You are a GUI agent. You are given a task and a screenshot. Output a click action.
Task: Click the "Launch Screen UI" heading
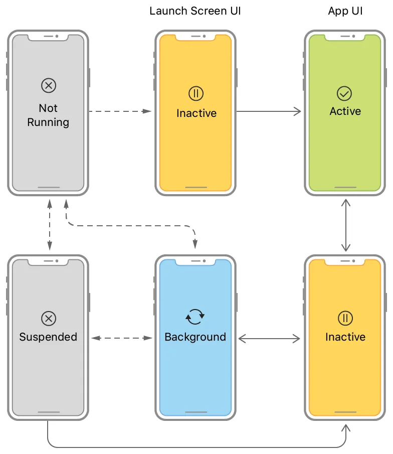(195, 11)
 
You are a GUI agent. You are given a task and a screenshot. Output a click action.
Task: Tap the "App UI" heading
(345, 11)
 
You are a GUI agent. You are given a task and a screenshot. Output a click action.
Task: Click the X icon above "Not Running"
(49, 86)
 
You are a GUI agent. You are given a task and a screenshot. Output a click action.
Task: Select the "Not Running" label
(48, 115)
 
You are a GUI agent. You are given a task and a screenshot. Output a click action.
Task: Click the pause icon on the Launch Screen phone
(196, 93)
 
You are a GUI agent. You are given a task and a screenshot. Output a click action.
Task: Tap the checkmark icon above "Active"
(344, 93)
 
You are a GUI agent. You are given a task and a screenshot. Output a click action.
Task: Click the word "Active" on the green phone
(345, 111)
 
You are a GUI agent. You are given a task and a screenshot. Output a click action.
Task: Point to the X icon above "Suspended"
(49, 318)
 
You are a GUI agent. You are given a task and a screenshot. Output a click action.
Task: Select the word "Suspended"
(48, 337)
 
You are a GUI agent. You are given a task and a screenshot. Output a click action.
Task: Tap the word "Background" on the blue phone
(195, 337)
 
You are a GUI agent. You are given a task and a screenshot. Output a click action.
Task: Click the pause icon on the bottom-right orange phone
(345, 318)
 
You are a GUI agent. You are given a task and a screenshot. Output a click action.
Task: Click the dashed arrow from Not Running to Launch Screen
(120, 111)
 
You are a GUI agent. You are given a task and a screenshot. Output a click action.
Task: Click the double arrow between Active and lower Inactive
(345, 225)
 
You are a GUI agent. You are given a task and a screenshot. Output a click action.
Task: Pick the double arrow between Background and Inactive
(269, 339)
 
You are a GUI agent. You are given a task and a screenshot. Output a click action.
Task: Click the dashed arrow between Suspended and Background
(122, 339)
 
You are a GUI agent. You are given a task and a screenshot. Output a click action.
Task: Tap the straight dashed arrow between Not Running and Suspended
(49, 224)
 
